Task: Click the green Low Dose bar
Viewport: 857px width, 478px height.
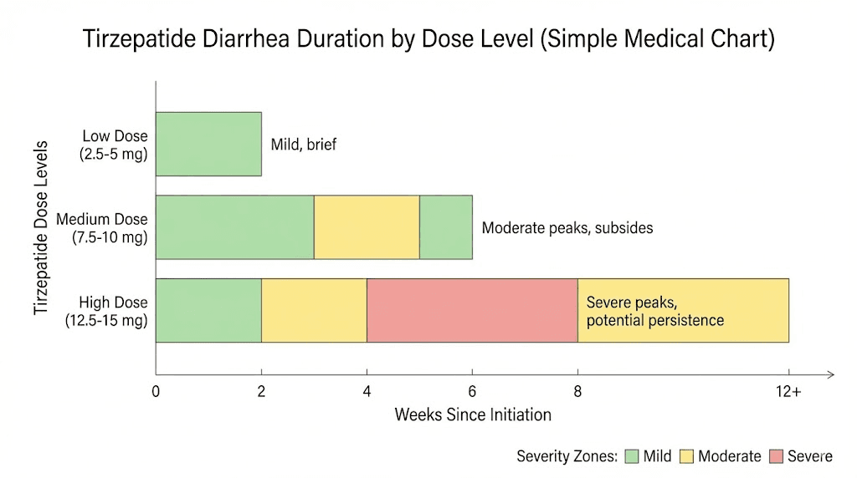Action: click(x=208, y=144)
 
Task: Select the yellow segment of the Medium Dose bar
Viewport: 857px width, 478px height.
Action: click(x=366, y=227)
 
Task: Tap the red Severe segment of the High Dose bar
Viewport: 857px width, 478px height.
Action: click(x=472, y=310)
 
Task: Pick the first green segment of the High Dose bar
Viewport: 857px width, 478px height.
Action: click(x=208, y=310)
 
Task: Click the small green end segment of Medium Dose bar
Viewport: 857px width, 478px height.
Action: click(x=445, y=227)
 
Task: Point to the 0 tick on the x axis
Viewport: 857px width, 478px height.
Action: click(x=156, y=391)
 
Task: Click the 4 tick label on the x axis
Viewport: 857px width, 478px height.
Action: click(x=367, y=391)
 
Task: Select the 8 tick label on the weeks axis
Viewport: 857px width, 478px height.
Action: click(x=577, y=391)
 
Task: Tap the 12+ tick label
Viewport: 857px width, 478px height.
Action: click(x=788, y=391)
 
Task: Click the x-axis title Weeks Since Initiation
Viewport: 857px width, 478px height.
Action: click(x=473, y=414)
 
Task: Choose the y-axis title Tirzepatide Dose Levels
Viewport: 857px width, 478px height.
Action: click(x=41, y=227)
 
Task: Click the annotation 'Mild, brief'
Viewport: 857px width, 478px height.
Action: click(x=304, y=145)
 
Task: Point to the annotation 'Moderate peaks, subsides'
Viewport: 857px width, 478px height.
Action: click(x=567, y=227)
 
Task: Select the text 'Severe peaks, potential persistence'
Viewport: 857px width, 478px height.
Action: click(x=655, y=311)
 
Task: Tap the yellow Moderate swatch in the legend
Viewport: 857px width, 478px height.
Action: click(x=686, y=456)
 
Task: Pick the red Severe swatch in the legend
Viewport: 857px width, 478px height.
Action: click(x=776, y=456)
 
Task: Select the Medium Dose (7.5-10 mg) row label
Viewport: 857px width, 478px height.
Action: click(x=102, y=228)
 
